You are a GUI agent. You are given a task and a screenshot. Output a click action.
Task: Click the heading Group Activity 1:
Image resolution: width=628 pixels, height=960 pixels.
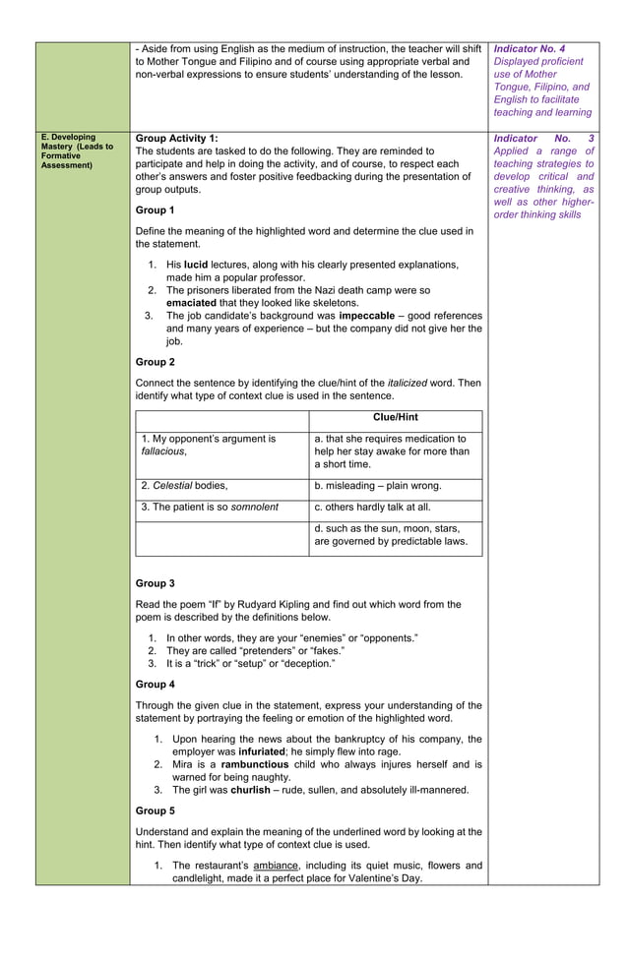tap(176, 139)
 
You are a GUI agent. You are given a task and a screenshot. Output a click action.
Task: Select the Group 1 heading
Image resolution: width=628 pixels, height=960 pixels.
tap(155, 210)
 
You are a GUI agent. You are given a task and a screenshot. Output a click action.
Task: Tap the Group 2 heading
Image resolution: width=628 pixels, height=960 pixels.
tap(155, 362)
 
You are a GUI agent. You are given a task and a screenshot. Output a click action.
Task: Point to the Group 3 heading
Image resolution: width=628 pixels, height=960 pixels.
tap(155, 583)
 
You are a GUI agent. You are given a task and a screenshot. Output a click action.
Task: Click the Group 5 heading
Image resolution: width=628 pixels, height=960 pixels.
tap(155, 810)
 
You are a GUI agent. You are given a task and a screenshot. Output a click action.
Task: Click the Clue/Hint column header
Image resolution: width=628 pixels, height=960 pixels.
tap(396, 417)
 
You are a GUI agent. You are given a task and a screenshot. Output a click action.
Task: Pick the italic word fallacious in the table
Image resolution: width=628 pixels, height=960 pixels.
tap(161, 450)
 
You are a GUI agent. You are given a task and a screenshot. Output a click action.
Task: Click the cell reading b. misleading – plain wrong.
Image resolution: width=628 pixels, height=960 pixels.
tap(378, 486)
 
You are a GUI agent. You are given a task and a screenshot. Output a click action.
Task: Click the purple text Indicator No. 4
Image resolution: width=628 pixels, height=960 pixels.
tap(530, 48)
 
